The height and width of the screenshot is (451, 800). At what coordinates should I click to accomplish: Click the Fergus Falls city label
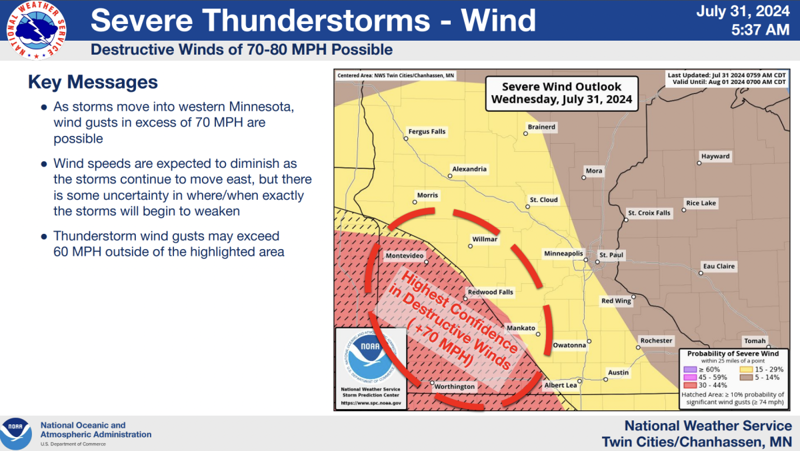pyautogui.click(x=427, y=132)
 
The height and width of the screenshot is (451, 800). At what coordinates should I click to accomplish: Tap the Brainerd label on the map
pyautogui.click(x=541, y=127)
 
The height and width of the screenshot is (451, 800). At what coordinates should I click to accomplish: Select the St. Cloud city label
pyautogui.click(x=543, y=199)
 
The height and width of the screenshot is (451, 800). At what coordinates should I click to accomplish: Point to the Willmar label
pyautogui.click(x=485, y=239)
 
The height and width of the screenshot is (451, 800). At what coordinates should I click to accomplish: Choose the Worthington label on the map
pyautogui.click(x=455, y=386)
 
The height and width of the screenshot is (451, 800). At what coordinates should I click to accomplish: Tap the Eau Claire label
pyautogui.click(x=719, y=266)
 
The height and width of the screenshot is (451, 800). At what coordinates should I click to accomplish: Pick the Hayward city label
pyautogui.click(x=715, y=157)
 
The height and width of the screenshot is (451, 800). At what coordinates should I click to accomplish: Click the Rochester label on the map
pyautogui.click(x=656, y=340)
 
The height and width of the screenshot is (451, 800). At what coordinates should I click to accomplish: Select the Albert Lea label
pyautogui.click(x=560, y=386)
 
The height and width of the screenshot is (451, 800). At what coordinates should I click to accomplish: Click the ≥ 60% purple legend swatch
pyautogui.click(x=689, y=369)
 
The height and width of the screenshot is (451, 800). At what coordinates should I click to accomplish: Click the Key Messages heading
pyautogui.click(x=93, y=82)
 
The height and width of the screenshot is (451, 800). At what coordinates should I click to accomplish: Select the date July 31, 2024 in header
pyautogui.click(x=747, y=11)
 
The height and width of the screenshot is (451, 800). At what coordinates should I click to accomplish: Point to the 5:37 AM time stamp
pyautogui.click(x=761, y=29)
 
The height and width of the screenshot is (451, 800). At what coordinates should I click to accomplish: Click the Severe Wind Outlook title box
pyautogui.click(x=561, y=94)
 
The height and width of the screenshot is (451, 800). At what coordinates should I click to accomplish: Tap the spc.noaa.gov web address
pyautogui.click(x=371, y=403)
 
